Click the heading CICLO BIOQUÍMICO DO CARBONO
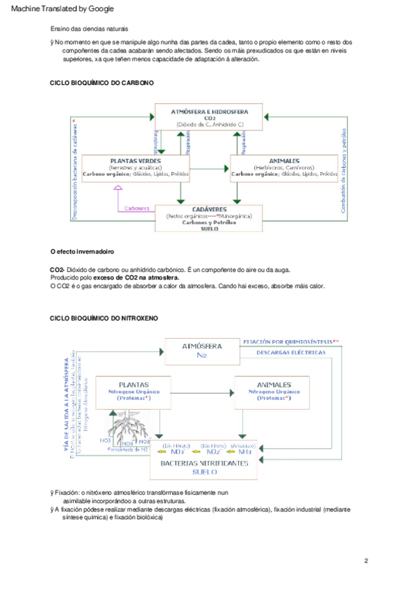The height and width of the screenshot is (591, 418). point(102,82)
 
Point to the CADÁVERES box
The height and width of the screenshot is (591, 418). point(209,217)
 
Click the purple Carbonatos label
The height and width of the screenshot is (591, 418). point(137,208)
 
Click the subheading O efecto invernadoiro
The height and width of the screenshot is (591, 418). point(82,251)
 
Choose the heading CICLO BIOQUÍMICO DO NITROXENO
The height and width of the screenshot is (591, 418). point(104,318)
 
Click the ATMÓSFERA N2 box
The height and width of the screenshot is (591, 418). point(201,350)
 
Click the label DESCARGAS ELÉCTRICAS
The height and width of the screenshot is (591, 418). point(291,353)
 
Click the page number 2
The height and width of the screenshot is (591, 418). point(366,561)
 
